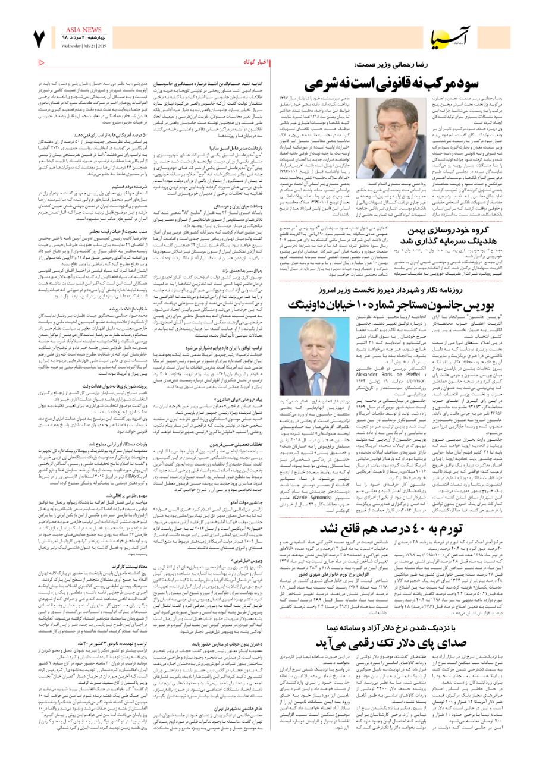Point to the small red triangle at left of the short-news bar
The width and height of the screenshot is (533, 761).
(x=40, y=62)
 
